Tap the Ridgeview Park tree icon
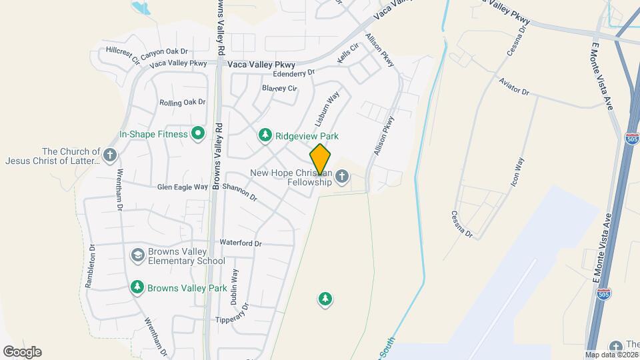click(265, 136)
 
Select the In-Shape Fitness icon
click(197, 134)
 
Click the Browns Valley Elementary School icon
click(137, 255)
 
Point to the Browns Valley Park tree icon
click(137, 288)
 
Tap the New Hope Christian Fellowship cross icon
click(342, 177)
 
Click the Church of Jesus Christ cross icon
click(111, 155)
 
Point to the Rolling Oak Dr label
click(182, 102)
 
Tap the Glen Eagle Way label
click(182, 187)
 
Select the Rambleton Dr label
click(90, 265)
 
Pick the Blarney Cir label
click(279, 88)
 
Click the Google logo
click(22, 351)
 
